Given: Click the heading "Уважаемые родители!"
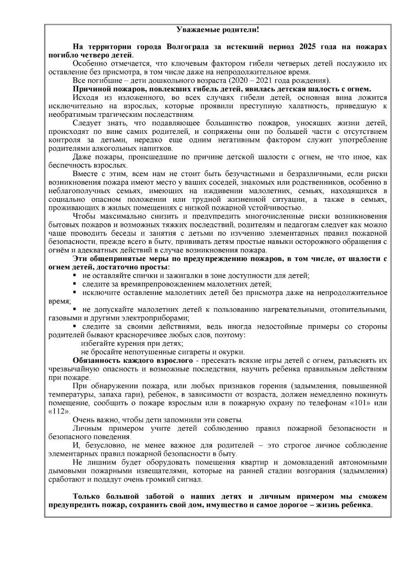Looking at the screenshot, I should pyautogui.click(x=217, y=30).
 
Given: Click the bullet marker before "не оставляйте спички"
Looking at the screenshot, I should pyautogui.click(x=75, y=275).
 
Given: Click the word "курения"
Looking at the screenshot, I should pyautogui.click(x=129, y=343).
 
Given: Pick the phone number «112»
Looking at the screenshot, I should pyautogui.click(x=59, y=411).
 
